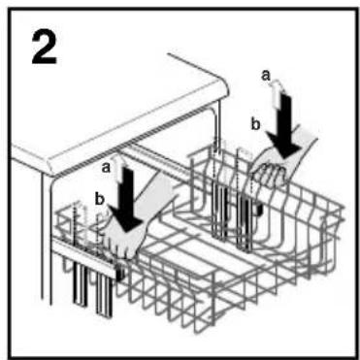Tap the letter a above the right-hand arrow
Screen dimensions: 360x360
[x=266, y=76]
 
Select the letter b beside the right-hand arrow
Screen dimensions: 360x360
[x=256, y=124]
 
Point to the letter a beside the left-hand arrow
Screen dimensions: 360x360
[x=106, y=168]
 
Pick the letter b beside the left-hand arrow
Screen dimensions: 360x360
[x=99, y=200]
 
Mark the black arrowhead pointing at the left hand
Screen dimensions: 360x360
[x=127, y=219]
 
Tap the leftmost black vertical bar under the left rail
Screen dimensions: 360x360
[x=80, y=283]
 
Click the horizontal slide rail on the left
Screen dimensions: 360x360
[x=84, y=255]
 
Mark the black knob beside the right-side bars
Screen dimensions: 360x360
[x=258, y=211]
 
